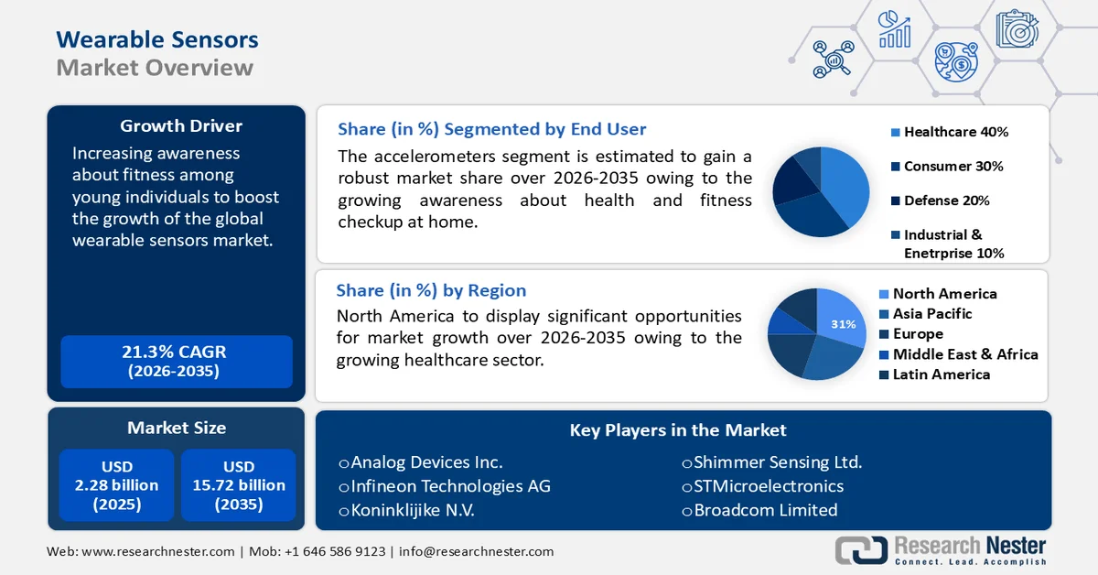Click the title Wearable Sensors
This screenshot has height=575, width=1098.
coord(157,39)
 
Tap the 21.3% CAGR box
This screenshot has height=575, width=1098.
coord(176,361)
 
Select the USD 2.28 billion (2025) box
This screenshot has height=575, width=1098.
coord(116,485)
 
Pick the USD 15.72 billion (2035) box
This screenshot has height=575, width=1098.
coord(238,485)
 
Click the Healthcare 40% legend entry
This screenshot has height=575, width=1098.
coord(955,132)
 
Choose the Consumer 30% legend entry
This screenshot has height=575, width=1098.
coord(953,166)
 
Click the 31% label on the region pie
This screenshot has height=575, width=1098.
coord(843,324)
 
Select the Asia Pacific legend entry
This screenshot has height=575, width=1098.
coord(931,313)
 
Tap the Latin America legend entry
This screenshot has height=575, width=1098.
coord(941,374)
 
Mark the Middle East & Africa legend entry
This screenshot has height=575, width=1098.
coord(964,354)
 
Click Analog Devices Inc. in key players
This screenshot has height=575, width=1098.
coord(426,462)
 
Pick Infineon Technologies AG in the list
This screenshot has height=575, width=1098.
coord(450,486)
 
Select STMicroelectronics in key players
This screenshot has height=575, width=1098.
coord(769,486)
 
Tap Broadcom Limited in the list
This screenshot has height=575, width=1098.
coord(765,510)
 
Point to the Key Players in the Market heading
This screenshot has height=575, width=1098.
coord(678,429)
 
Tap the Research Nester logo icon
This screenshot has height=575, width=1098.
coord(861,549)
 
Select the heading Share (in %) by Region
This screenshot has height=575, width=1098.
coord(431,290)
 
